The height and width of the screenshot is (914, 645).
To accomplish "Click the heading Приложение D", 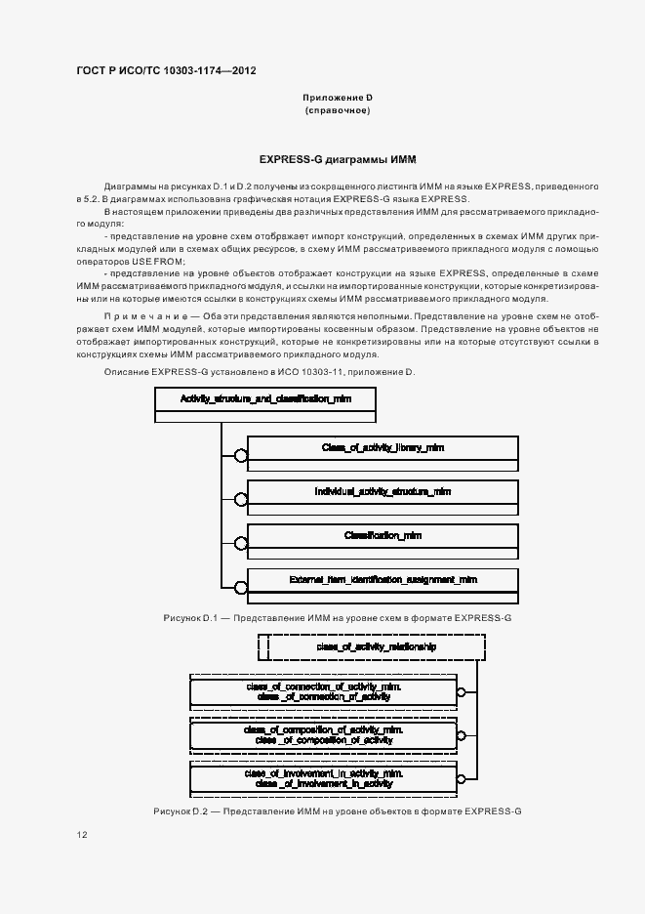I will tap(337, 99).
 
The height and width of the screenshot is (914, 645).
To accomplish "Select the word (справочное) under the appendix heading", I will tap(337, 111).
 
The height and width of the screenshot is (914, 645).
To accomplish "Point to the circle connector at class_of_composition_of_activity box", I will tap(462, 734).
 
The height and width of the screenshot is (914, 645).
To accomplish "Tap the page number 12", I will tap(82, 836).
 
